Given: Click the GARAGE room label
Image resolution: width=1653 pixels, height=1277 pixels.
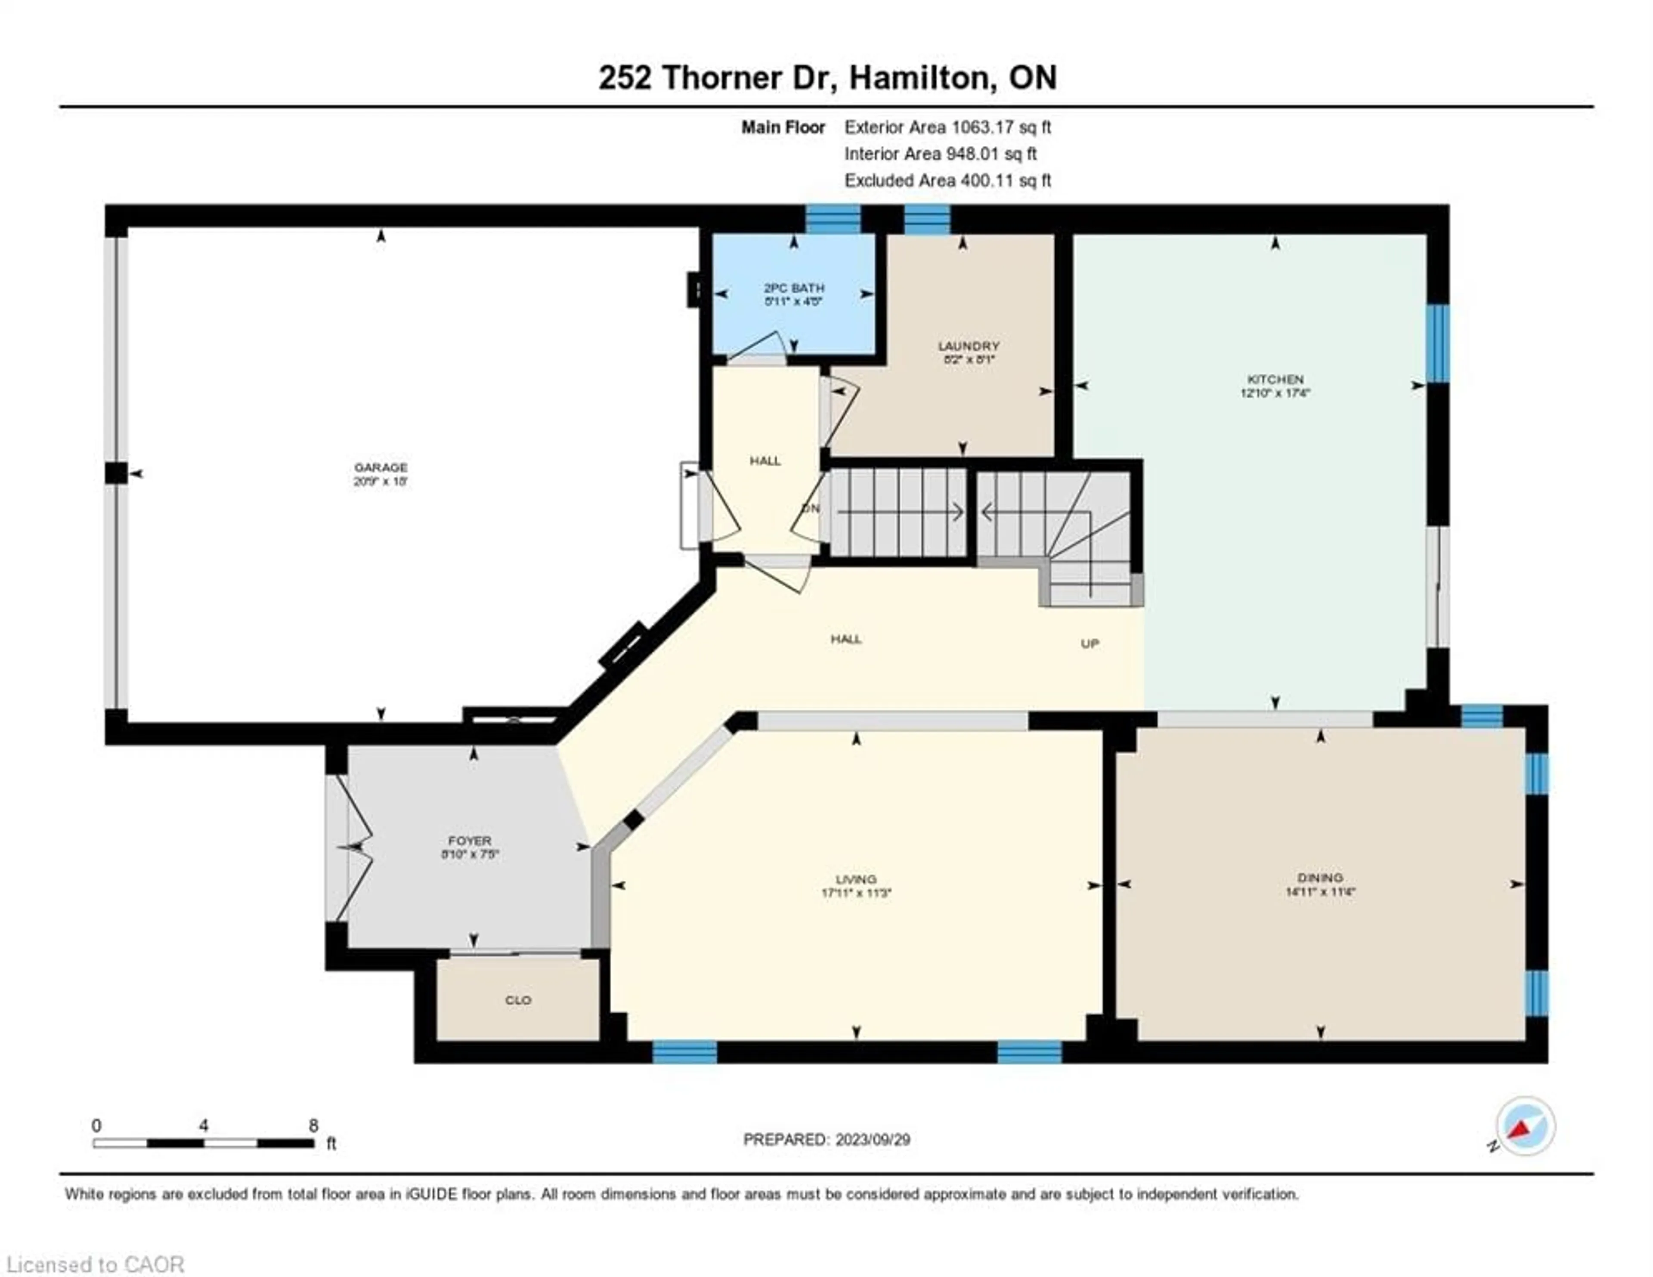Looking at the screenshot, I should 380,467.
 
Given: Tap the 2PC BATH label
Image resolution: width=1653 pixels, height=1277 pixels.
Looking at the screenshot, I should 793,288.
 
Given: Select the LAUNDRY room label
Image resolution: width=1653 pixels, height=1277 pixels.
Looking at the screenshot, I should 969,346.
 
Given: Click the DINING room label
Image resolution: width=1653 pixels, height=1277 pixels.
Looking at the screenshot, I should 1320,877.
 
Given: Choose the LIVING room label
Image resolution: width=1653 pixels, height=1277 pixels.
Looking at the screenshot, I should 856,879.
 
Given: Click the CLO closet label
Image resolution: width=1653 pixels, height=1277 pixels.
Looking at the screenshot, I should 518,1000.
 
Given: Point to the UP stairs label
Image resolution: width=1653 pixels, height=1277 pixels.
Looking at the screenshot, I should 1089,643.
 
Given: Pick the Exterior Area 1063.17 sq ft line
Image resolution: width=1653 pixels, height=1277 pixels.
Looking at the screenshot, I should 947,127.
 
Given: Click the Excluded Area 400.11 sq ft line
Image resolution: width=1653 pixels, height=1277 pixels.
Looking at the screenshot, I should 947,180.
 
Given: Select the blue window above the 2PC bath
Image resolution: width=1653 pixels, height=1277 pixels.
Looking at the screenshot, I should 833,220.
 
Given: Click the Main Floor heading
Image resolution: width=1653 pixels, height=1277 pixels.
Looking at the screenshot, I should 783,127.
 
